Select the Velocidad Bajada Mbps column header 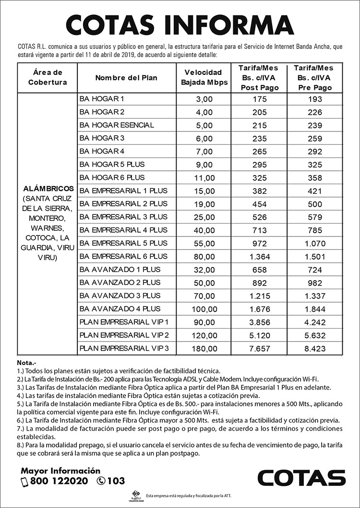pos(204,77)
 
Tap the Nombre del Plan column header pos(126,78)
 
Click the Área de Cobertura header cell pos(48,77)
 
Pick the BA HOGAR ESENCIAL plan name pos(117,125)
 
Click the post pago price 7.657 pos(259,348)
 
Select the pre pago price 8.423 pos(315,348)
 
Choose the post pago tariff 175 pos(259,99)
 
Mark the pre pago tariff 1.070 pos(315,243)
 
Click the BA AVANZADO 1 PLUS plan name pos(120,270)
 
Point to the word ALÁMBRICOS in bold pos(48,189)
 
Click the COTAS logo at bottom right pos(301,478)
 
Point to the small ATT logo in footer pos(137,496)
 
